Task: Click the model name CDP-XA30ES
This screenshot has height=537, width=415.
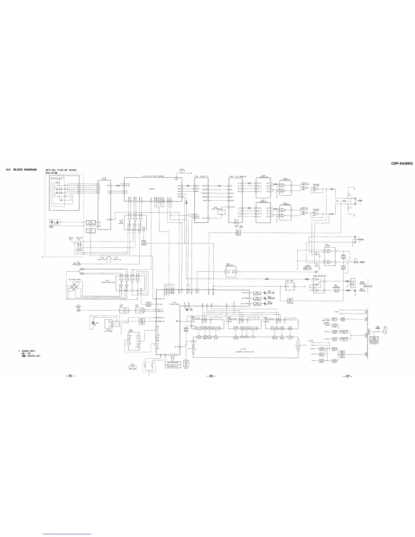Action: coord(402,163)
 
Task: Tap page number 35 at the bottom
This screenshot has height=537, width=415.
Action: coord(71,376)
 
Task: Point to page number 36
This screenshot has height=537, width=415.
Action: coord(211,376)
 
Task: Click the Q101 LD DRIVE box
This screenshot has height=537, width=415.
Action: coord(90,222)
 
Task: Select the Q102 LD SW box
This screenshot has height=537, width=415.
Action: coord(90,231)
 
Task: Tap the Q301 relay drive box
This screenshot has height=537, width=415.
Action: coord(238,232)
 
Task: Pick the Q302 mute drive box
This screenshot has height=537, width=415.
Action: coord(290,300)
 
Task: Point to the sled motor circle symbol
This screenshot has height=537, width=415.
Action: coord(79,263)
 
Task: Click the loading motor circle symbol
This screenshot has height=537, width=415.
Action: coord(78,310)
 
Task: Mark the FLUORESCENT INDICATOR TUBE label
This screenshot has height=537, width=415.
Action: coord(243,352)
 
